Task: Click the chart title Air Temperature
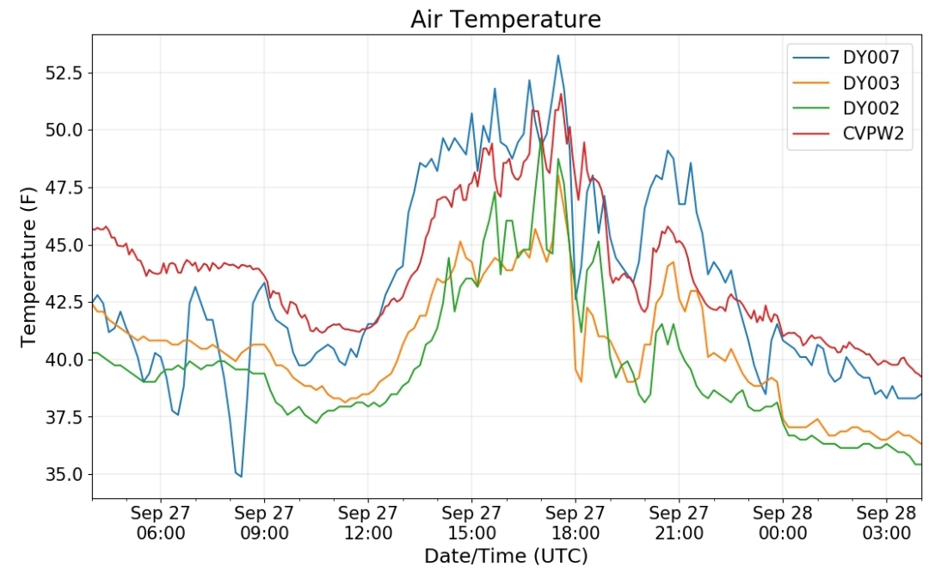pos(506,19)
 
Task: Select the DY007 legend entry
pos(846,57)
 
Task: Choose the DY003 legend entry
pos(846,83)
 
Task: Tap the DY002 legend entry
pos(846,108)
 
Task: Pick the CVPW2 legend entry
pos(848,134)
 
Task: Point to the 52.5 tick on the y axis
pos(65,73)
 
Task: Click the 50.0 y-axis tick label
pos(65,130)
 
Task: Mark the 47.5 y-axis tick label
pos(65,188)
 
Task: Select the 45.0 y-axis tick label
pos(65,244)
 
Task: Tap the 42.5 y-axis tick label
pos(65,302)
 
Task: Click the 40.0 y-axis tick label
pos(65,360)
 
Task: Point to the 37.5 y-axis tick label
pos(65,417)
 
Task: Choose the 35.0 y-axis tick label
pos(65,475)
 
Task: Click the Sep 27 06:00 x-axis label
pos(161,522)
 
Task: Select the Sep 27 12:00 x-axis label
pos(368,522)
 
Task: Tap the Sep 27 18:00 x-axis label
pos(575,522)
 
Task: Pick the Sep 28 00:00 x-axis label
pos(783,522)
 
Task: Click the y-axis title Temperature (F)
pos(28,267)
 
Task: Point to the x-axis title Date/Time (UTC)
pos(506,556)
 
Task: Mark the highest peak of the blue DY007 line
pos(557,56)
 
